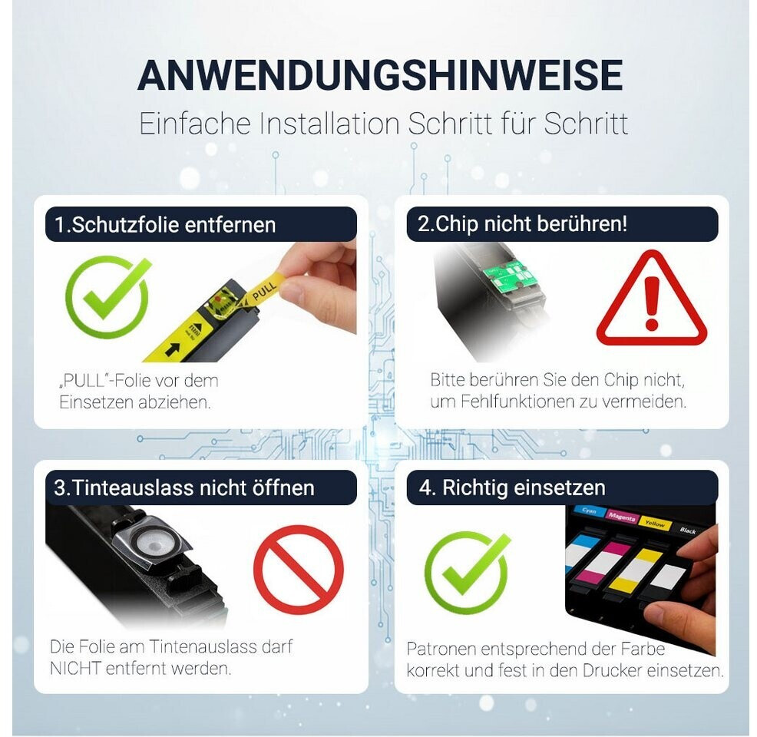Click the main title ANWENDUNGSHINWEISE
[x=380, y=75]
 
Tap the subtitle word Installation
[x=329, y=124]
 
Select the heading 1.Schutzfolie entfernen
[x=165, y=225]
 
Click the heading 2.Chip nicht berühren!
[x=522, y=224]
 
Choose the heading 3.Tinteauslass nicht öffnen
[x=184, y=488]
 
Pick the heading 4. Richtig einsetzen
[x=512, y=487]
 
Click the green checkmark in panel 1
[x=107, y=296]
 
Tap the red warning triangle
[x=652, y=299]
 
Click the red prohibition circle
[x=299, y=570]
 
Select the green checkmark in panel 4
[x=466, y=573]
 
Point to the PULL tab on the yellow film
[x=263, y=290]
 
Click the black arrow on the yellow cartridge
[x=172, y=349]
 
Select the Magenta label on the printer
[x=621, y=517]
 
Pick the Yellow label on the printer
[x=655, y=524]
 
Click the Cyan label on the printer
[x=589, y=511]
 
